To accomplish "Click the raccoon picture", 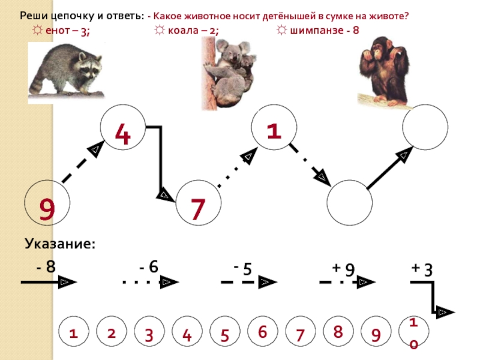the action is pyautogui.click(x=66, y=71).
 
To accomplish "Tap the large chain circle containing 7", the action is pyautogui.click(x=199, y=203).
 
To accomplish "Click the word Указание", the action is pyautogui.click(x=60, y=244).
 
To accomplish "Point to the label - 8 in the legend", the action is pyautogui.click(x=46, y=266).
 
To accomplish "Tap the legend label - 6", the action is pyautogui.click(x=149, y=266).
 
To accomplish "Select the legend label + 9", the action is pyautogui.click(x=343, y=268).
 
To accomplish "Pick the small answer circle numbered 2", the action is pyautogui.click(x=111, y=333).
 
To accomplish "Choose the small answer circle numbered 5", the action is pyautogui.click(x=225, y=335).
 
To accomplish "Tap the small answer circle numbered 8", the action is pyautogui.click(x=338, y=332).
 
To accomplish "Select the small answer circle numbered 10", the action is pyautogui.click(x=413, y=334).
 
